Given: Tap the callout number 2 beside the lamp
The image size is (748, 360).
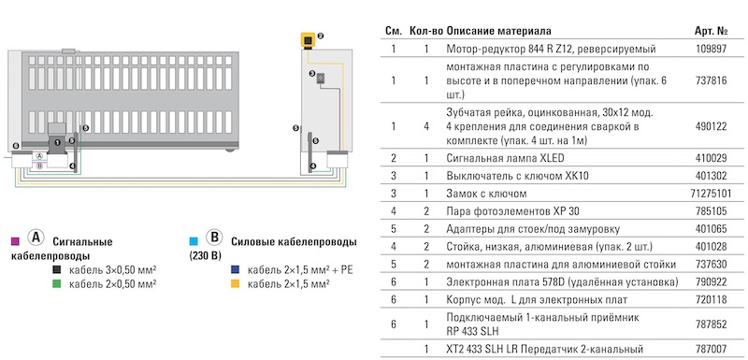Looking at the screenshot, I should coord(321,36).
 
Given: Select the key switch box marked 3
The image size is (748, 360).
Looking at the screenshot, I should coord(319,80).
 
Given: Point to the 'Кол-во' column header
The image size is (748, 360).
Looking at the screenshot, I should coord(424,31).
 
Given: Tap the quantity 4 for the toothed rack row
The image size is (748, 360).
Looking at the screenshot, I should coord(425,125).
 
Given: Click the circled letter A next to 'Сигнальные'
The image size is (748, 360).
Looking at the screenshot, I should coord(35,238).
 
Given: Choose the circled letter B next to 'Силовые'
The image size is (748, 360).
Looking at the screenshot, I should coord(212,238).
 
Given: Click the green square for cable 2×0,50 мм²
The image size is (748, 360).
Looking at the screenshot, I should coord(58,281).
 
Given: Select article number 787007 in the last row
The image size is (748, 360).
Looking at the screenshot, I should coord(713,349).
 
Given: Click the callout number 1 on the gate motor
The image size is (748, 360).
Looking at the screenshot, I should coord(58,140).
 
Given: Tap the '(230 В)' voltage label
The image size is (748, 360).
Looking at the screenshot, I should coord(205,253).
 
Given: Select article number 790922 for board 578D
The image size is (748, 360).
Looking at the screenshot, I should coord(713,281).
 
